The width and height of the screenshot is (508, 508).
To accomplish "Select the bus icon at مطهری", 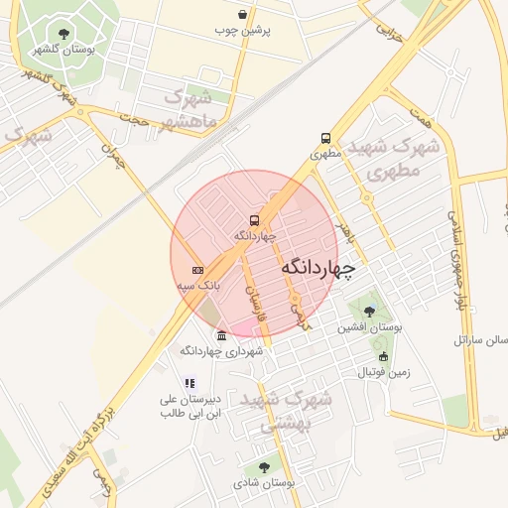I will [325, 139].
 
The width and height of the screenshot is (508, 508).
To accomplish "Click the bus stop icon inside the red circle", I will [254, 221].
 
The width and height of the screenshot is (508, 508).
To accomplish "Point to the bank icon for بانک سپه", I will [197, 270].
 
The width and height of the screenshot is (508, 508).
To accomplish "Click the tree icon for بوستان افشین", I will [369, 312].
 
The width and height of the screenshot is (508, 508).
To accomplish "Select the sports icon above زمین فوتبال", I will [383, 356].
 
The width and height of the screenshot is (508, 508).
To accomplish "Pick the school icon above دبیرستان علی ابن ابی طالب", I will [190, 383].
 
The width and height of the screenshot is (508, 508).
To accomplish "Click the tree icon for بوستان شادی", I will [264, 466].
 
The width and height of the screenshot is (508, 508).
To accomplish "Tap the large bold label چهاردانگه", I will [317, 268].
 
